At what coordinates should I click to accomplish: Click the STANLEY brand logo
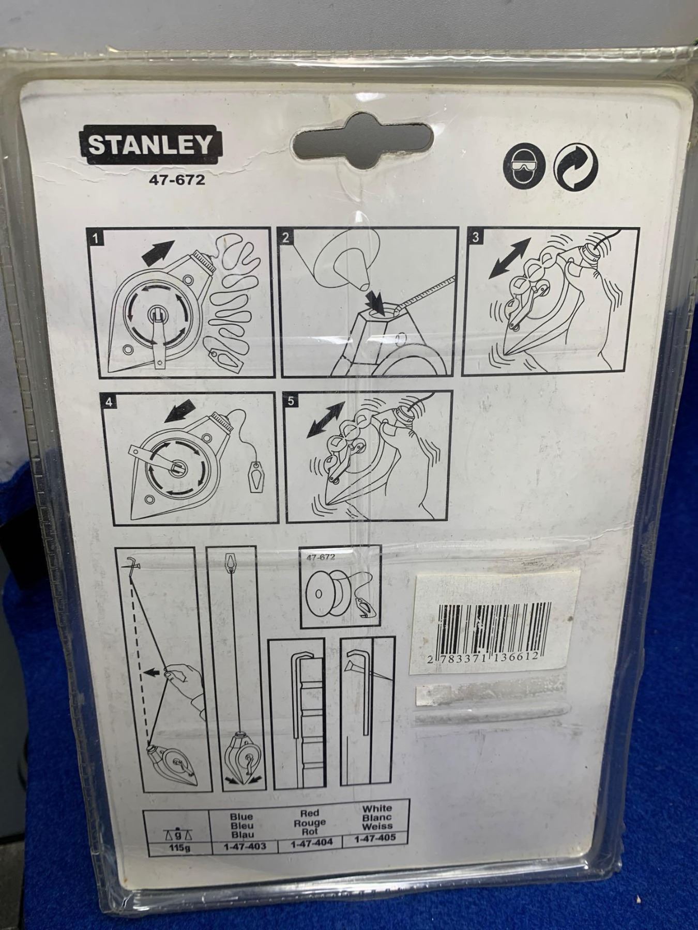point(149,144)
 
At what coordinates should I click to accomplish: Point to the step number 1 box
point(97,239)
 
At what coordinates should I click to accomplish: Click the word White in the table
point(377,809)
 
